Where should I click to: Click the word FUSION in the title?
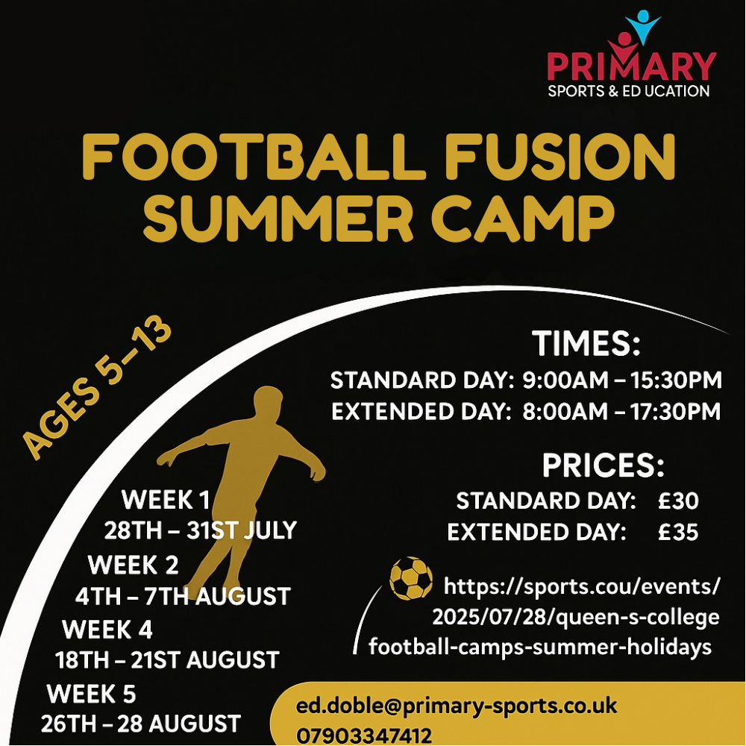(x=560, y=157)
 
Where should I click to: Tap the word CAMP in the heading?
(x=524, y=219)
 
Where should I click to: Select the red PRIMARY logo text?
(x=631, y=66)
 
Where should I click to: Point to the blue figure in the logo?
(x=643, y=26)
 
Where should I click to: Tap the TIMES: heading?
(x=586, y=343)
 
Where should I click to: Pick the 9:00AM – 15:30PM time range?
(x=622, y=380)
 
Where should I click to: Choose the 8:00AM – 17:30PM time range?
(x=621, y=412)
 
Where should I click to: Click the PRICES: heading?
(x=603, y=465)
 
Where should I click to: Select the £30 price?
(x=678, y=501)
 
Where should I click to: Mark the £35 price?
(x=678, y=532)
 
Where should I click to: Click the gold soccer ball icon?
(x=411, y=578)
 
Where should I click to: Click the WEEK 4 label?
(x=107, y=629)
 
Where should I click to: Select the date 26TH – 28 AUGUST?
(x=141, y=724)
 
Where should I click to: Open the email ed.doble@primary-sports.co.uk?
(x=457, y=706)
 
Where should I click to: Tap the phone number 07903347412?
(x=364, y=736)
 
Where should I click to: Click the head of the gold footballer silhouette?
(x=268, y=402)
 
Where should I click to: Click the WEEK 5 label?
(x=91, y=693)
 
